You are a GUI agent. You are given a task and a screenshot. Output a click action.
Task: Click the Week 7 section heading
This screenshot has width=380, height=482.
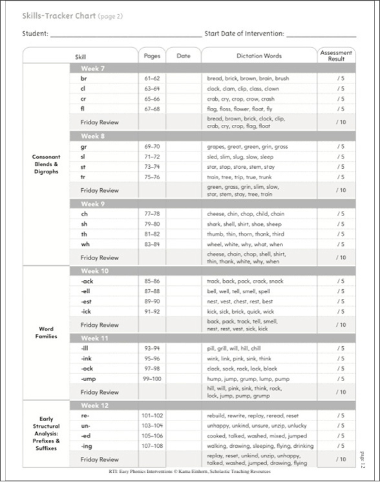coord(93,68)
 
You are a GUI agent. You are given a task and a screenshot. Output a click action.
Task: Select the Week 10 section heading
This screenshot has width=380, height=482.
coord(94,270)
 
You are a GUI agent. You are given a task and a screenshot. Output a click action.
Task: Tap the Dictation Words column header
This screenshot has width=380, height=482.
coord(259,56)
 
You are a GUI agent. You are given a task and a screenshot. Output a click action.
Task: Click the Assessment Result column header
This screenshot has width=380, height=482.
coord(336,56)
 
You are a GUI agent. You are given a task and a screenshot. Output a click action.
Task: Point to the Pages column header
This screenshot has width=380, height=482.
coord(152,56)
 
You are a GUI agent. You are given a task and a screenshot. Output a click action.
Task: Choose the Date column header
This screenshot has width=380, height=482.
coord(184,56)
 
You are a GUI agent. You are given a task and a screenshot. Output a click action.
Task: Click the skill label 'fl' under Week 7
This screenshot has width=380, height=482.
coord(83,109)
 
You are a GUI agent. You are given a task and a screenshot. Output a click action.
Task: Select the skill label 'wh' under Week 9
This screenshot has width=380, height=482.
coord(85,244)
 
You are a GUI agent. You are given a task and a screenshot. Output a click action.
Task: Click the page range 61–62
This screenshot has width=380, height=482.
coord(152,78)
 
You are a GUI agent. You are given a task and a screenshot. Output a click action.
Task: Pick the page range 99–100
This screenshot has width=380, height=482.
coord(152,378)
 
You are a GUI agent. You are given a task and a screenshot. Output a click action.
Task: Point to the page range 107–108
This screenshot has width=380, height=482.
coord(152,446)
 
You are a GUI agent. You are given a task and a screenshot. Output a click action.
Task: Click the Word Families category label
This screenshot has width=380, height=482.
coord(46,333)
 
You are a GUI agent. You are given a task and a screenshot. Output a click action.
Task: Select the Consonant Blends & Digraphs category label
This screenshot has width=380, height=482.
coord(46,164)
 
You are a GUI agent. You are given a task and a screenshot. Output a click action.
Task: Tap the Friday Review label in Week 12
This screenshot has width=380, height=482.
coord(100,459)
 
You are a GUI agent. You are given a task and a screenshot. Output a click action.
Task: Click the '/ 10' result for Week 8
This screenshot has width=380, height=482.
coord(340,190)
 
